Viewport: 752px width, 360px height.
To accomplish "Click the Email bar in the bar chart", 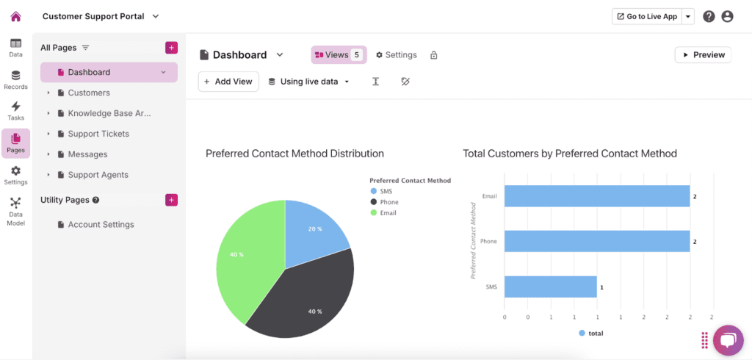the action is (x=597, y=196).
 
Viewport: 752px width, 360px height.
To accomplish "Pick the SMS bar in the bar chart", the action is (x=551, y=287).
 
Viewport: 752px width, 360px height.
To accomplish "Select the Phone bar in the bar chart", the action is (x=597, y=241).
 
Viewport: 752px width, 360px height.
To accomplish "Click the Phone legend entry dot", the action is (x=374, y=202).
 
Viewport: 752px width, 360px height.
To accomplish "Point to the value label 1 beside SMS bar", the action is (x=601, y=287).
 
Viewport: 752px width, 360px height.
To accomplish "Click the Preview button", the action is (x=703, y=54).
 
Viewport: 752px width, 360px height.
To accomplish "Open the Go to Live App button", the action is (x=647, y=16).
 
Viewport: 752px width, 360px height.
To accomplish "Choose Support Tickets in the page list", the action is (x=98, y=134).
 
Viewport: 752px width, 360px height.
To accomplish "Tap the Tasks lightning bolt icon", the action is (x=16, y=107).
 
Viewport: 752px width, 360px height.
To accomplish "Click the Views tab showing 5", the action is (x=339, y=54).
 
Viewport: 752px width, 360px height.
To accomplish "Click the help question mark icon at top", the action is (x=709, y=16).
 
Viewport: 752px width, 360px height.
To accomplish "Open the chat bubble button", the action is (x=728, y=340).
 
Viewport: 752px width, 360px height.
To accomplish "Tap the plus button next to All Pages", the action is (x=171, y=48).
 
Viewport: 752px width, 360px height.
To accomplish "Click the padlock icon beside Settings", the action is (x=433, y=54).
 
